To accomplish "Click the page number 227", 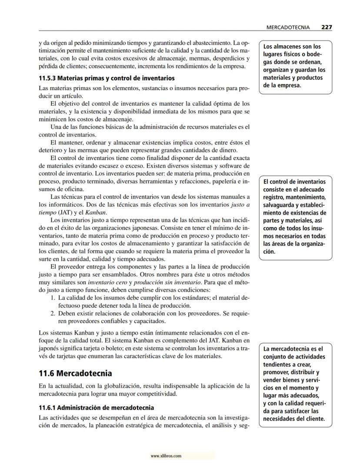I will click(327, 27).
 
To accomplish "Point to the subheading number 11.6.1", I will click(47, 408).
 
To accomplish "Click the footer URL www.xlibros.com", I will click(166, 456).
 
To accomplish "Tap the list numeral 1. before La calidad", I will click(53, 298).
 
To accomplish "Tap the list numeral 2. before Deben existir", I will click(53, 314).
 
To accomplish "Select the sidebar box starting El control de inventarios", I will click(296, 217).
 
